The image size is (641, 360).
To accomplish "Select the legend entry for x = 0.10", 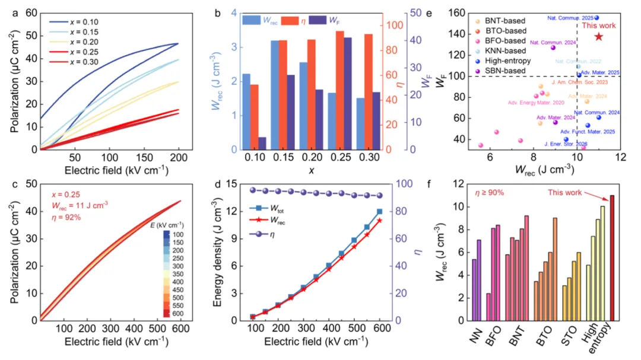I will pyautogui.click(x=78, y=22).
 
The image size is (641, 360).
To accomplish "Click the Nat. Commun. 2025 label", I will pyautogui.click(x=569, y=18).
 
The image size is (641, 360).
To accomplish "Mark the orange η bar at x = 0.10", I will pyautogui.click(x=254, y=117).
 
